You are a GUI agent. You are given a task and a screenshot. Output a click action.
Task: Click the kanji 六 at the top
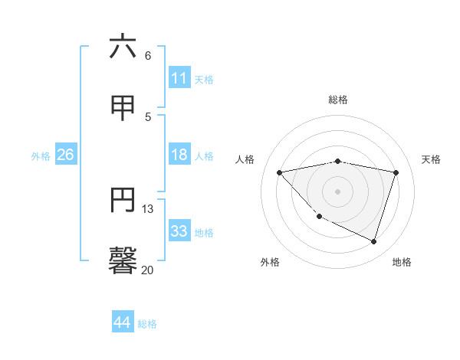pos(123,47)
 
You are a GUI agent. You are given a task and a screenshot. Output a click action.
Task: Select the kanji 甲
pos(123,107)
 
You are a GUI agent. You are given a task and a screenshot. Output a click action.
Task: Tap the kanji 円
pos(123,200)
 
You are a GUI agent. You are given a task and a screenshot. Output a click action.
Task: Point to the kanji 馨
pos(123,260)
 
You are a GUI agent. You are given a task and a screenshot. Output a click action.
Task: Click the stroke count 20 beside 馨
pos(147,270)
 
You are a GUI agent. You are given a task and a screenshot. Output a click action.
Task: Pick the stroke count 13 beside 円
pos(148,208)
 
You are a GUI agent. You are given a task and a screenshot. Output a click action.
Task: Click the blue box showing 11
pos(179,78)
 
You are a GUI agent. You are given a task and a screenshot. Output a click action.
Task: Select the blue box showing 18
pos(179,155)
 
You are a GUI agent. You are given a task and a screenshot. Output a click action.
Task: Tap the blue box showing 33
pos(179,231)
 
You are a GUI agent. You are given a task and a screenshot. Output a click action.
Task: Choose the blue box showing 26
pos(65,155)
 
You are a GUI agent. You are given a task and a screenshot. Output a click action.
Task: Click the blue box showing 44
pos(122,322)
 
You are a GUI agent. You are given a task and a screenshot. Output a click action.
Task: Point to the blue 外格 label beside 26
pos(41,156)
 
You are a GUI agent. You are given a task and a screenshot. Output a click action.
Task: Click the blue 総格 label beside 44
pos(147,324)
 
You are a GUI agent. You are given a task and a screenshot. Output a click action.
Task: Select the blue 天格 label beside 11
pos(204,80)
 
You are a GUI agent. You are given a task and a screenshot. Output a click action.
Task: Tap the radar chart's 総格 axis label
pos(338,100)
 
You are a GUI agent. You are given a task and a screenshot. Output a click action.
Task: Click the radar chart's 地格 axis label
pos(402,262)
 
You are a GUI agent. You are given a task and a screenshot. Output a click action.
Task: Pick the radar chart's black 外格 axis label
pos(270,262)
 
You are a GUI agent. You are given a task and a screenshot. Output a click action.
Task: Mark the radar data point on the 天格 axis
pos(396,172)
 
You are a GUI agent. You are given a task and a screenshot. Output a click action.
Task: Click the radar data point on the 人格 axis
pos(280,172)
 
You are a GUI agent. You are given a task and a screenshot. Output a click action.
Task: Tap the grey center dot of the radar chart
pos(338,191)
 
